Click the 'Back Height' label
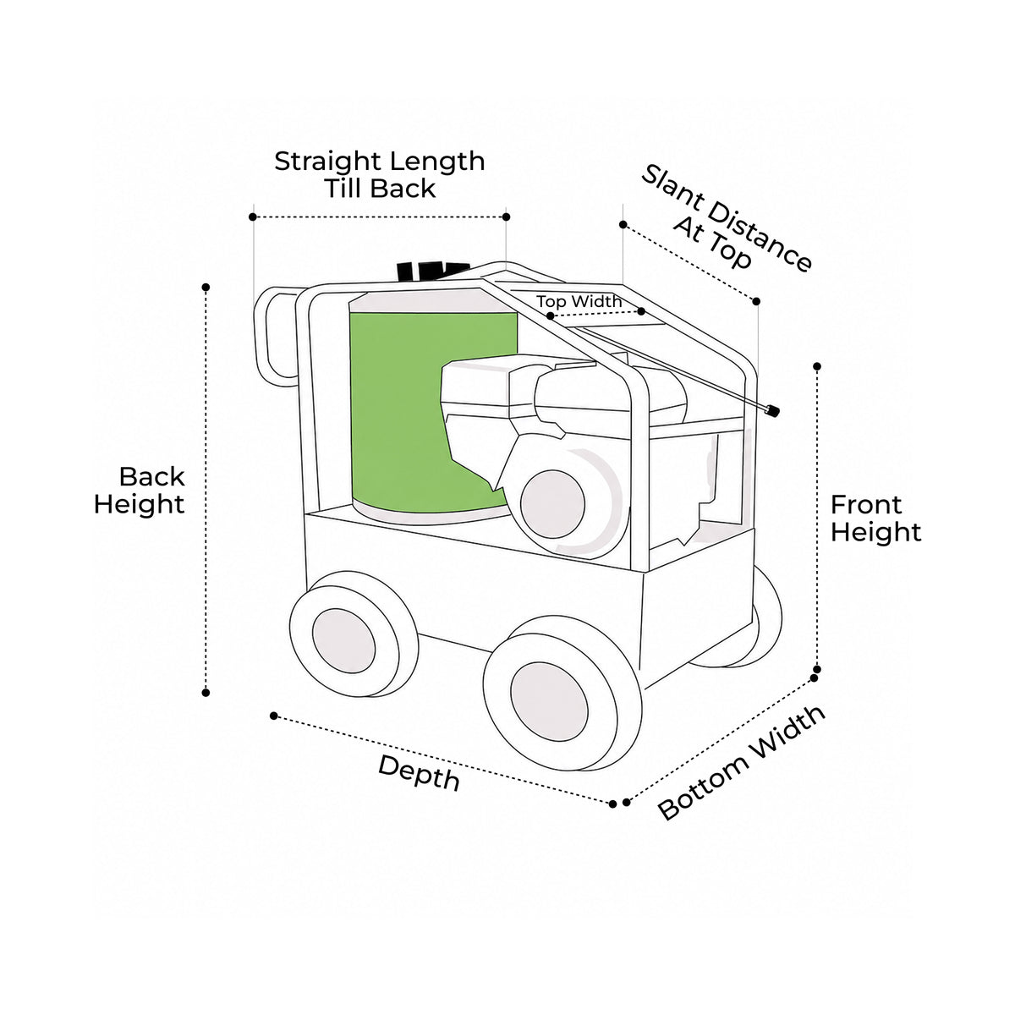139,491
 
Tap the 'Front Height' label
876,518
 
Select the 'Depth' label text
420,773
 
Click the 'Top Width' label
579,301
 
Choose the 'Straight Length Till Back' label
380,175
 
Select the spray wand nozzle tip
771,409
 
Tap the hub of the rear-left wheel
343,640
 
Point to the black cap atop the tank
432,271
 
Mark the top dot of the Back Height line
206,287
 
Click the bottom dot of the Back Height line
206,693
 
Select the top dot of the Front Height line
817,366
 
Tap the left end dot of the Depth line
273,716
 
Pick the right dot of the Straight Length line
506,217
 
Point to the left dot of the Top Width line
551,315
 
